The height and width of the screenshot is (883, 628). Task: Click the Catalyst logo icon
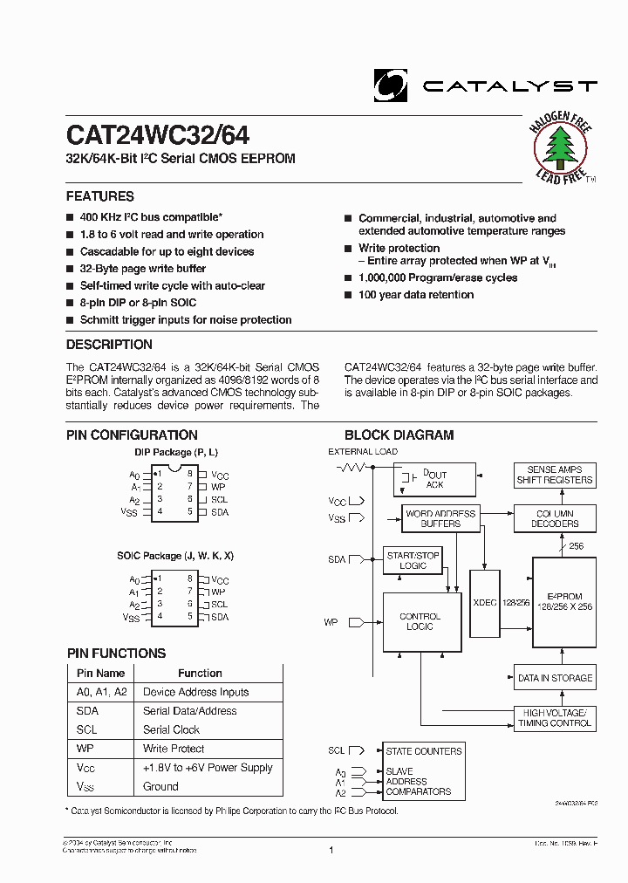click(x=390, y=86)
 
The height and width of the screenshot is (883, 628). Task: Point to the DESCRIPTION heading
click(x=109, y=345)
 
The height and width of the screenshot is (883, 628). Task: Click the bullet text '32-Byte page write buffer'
click(x=143, y=269)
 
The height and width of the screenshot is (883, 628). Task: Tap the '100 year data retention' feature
click(x=416, y=295)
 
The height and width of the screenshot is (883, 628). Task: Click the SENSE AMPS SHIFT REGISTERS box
click(x=554, y=475)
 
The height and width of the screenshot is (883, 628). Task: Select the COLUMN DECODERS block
click(x=554, y=519)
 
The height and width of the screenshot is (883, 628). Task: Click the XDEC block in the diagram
click(x=484, y=601)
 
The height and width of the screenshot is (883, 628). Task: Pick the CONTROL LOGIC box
click(x=420, y=621)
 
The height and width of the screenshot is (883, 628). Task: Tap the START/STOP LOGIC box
click(x=413, y=560)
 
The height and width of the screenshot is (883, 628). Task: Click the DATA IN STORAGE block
click(x=554, y=678)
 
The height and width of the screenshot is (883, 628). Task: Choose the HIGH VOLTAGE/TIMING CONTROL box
click(x=554, y=718)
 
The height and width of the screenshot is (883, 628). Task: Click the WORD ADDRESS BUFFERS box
click(x=440, y=519)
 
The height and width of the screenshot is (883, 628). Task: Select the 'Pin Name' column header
click(x=100, y=673)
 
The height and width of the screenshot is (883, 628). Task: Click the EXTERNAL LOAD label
click(x=363, y=451)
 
